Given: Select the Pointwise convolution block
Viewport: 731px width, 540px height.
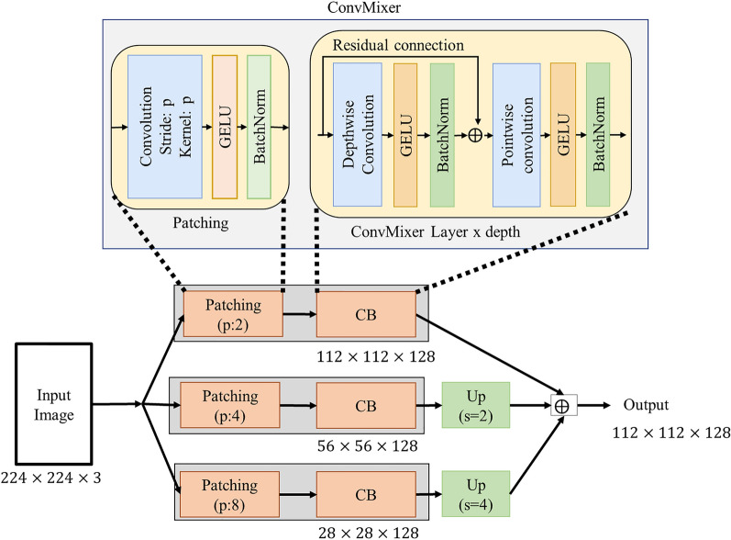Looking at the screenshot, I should (517, 134).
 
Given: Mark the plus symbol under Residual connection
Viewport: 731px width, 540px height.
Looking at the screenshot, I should (475, 136).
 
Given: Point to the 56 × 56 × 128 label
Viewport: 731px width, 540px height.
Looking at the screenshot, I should (362, 446).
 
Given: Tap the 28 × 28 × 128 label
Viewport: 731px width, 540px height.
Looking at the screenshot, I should (362, 534).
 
